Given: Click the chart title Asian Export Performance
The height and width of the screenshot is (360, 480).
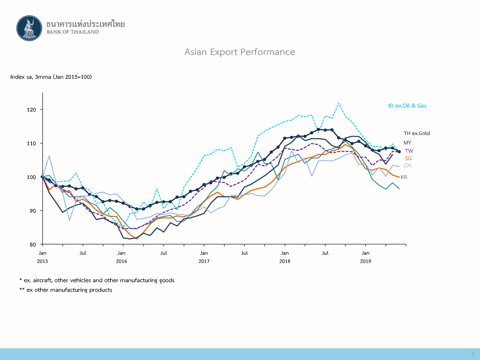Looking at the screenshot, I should click(x=240, y=52).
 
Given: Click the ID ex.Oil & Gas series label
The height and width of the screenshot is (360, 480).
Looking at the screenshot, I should click(x=407, y=106).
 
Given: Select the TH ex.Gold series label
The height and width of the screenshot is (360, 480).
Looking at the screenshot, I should click(x=417, y=133).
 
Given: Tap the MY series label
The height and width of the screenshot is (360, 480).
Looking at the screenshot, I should click(x=407, y=143).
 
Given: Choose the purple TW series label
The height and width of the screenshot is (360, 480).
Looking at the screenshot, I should click(x=408, y=151).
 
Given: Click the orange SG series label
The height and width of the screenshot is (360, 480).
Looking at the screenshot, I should click(x=408, y=158).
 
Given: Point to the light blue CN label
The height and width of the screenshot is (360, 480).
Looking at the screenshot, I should click(x=407, y=166).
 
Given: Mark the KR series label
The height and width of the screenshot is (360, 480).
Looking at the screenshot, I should click(x=404, y=177).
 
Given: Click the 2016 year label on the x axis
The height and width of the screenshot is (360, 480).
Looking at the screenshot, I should click(x=121, y=261).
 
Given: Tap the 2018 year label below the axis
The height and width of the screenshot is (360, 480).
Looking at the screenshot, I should click(x=285, y=261).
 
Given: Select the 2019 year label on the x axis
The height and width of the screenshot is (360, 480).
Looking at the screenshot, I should click(x=366, y=261).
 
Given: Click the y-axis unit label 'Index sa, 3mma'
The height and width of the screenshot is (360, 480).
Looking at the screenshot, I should click(x=50, y=77).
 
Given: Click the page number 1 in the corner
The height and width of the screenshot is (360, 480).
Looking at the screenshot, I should click(x=472, y=354).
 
